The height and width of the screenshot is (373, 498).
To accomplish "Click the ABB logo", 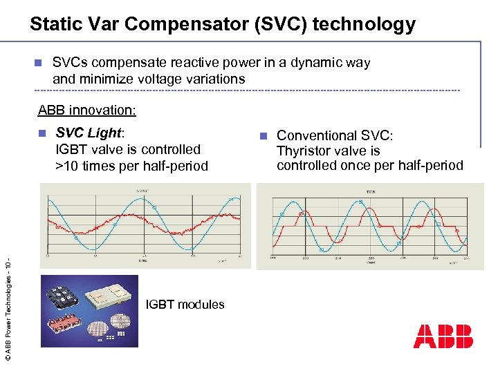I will (443, 336).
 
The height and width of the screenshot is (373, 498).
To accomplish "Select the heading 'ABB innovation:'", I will (87, 111).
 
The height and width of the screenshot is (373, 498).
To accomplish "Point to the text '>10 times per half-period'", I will (131, 166).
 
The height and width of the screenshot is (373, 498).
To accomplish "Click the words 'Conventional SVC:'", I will (335, 135).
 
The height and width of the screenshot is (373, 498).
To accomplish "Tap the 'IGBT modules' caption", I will (185, 305).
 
